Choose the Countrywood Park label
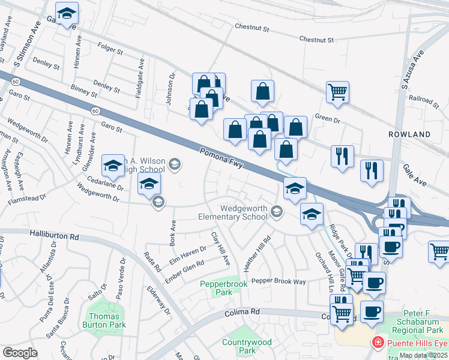coord(247,346)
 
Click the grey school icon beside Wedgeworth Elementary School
coord(277,211)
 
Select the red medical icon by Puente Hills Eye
coord(378,344)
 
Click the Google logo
coord(20,353)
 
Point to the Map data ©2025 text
coord(423,355)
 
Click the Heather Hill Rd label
coord(255,253)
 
